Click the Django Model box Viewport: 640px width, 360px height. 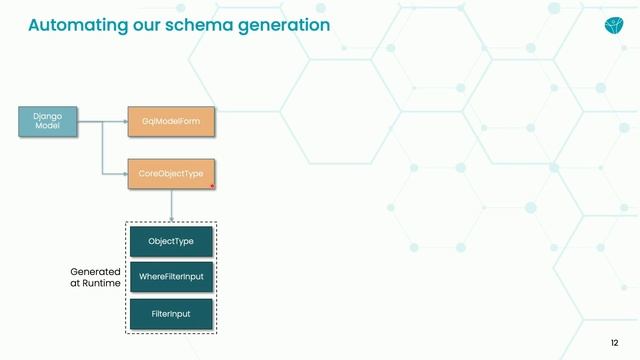47,122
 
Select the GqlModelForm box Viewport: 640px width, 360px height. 171,122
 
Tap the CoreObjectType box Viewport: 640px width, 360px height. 171,173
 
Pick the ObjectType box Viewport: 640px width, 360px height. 171,242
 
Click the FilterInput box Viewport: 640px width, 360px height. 171,314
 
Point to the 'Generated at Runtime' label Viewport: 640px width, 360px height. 95,277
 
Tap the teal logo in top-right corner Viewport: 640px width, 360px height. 612,25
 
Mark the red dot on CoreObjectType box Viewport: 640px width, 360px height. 212,185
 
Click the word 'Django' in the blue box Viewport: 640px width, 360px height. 47,116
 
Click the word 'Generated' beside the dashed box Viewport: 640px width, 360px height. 95,271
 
